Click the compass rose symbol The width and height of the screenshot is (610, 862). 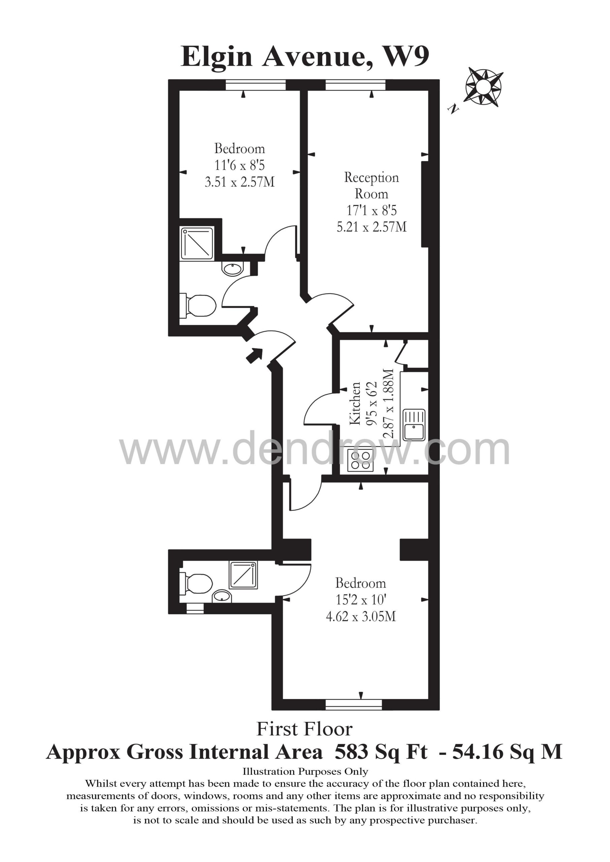484,87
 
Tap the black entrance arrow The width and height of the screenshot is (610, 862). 254,355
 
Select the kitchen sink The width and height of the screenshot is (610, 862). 414,425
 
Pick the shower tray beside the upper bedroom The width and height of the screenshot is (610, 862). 197,244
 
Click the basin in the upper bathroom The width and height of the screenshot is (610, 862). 233,269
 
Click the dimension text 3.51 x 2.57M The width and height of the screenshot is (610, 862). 239,182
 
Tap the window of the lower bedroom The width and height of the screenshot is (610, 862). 354,705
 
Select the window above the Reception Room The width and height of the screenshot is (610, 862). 356,85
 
